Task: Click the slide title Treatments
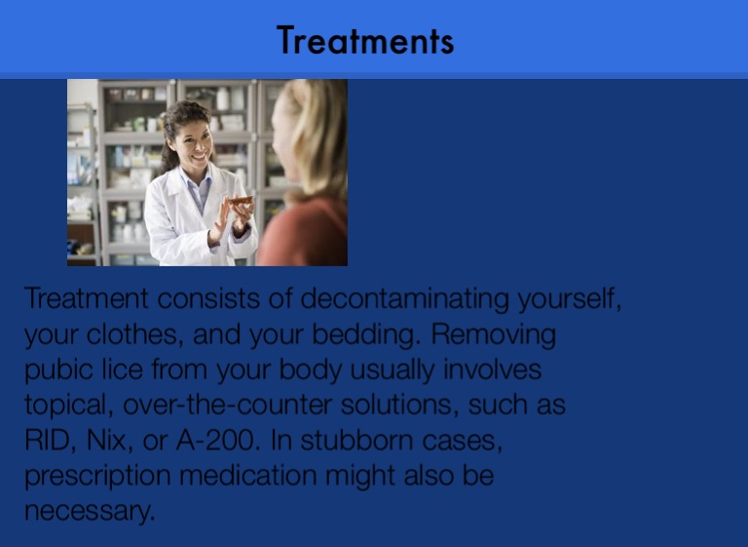coord(365,41)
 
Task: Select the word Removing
coord(493,334)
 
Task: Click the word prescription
coord(97,476)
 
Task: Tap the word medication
coord(248,476)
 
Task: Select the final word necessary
coord(90,511)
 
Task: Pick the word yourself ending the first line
coord(569,299)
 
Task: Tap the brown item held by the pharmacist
coord(241,200)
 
